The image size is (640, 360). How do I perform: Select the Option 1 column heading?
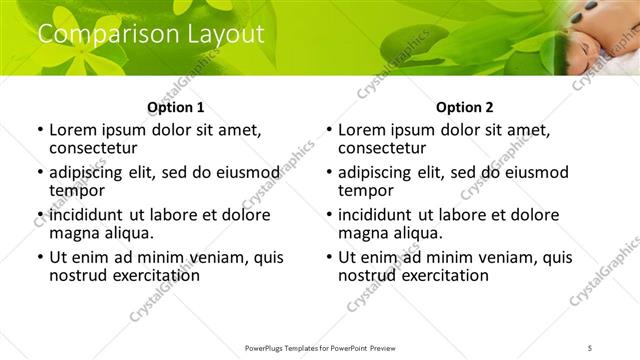pos(175,106)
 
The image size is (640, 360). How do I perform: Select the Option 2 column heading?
pos(464,106)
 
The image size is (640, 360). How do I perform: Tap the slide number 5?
pos(591,347)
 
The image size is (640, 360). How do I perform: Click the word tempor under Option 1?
pos(77,190)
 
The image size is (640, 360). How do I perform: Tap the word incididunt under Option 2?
pos(376,215)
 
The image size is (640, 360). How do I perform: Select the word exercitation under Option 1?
pos(153,275)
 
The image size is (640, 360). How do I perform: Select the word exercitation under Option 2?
pos(442,275)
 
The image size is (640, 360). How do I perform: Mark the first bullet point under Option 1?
pos(40,131)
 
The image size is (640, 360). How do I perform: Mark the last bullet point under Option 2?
pos(329,257)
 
